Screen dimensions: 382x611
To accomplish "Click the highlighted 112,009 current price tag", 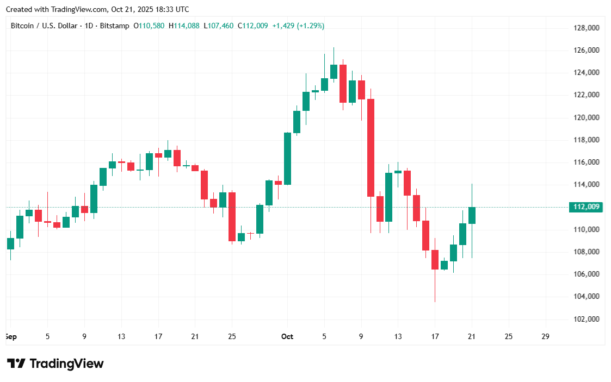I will (x=585, y=206).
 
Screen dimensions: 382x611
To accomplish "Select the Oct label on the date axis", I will (x=287, y=336).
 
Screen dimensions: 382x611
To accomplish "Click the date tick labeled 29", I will (x=546, y=336).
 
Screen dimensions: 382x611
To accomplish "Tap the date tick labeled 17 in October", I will (x=435, y=336).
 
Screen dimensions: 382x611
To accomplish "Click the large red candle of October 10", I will (x=371, y=147).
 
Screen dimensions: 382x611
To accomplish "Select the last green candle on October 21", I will (x=472, y=215).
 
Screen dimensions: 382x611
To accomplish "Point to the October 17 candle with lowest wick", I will (x=435, y=260).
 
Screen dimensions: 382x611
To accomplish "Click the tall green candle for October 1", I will (x=287, y=159).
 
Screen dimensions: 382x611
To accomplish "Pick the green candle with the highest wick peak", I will (x=334, y=71).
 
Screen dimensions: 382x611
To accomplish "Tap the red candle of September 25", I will (x=232, y=216).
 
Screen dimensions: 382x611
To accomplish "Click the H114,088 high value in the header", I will (x=184, y=26).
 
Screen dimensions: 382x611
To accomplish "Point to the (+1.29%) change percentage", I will (x=310, y=26).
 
